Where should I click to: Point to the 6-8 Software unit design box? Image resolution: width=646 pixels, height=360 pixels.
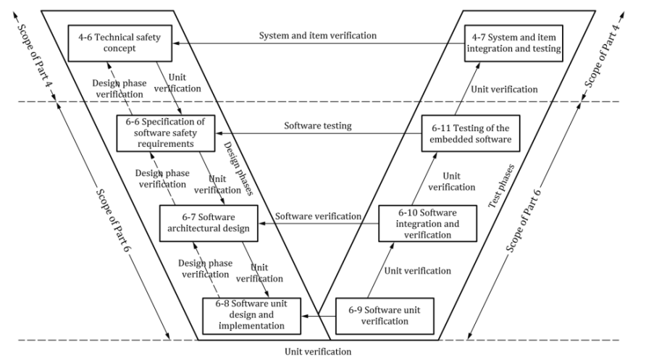tap(251, 314)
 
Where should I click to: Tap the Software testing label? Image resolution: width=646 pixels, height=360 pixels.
tap(317, 126)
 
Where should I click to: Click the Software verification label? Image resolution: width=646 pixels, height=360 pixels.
tap(318, 216)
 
